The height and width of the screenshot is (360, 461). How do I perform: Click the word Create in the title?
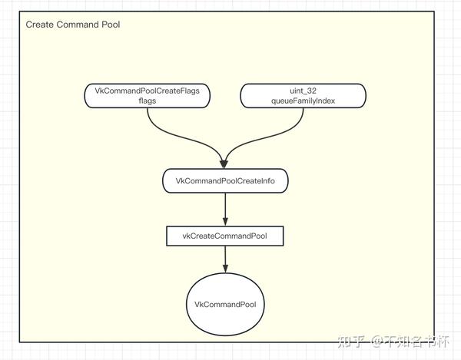(x=39, y=25)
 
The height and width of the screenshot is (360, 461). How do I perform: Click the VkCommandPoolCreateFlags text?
(x=147, y=91)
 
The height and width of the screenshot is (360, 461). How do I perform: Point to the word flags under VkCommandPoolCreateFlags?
(x=147, y=101)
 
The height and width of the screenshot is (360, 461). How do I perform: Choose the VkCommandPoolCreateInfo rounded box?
(x=224, y=181)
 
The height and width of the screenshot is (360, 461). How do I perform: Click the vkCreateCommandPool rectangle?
(x=224, y=236)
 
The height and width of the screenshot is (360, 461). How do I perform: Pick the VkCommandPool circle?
(x=225, y=305)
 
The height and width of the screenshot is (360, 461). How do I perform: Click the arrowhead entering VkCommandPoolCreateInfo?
(x=224, y=164)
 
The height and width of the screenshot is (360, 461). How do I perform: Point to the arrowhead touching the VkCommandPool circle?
(x=224, y=269)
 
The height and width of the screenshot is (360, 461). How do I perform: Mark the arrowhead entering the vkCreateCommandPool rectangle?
(x=224, y=221)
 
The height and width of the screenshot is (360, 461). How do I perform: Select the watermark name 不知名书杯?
(x=415, y=340)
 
